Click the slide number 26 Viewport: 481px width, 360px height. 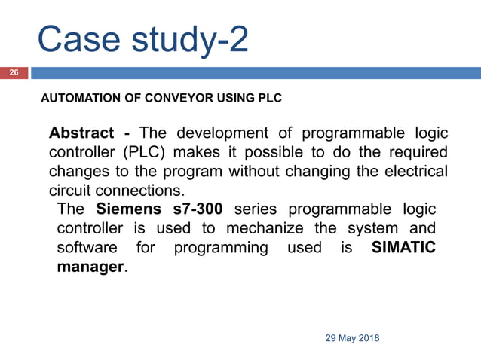pyautogui.click(x=14, y=74)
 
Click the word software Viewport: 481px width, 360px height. pyautogui.click(x=87, y=248)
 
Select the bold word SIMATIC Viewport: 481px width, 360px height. pyautogui.click(x=404, y=248)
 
